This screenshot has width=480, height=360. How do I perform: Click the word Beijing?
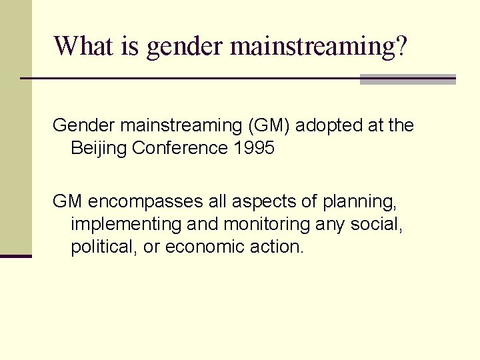(99, 149)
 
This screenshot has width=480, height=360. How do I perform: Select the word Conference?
(181, 148)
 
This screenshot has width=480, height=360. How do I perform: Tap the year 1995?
(254, 148)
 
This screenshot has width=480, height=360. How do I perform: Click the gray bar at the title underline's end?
(407, 79)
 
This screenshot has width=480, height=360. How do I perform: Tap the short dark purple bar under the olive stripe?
(16, 255)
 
